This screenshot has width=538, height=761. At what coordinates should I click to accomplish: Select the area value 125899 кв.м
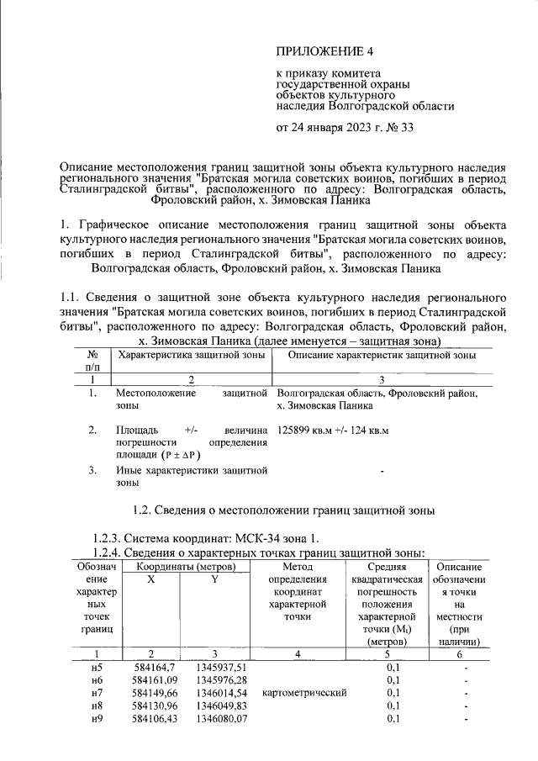(305, 431)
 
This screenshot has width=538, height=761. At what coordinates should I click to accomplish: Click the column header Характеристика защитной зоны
(193, 357)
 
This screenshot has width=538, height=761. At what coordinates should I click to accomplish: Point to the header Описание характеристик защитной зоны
(382, 357)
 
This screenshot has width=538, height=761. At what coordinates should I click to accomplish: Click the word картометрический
(304, 693)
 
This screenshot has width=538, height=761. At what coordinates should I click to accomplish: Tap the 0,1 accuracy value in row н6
(393, 679)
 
